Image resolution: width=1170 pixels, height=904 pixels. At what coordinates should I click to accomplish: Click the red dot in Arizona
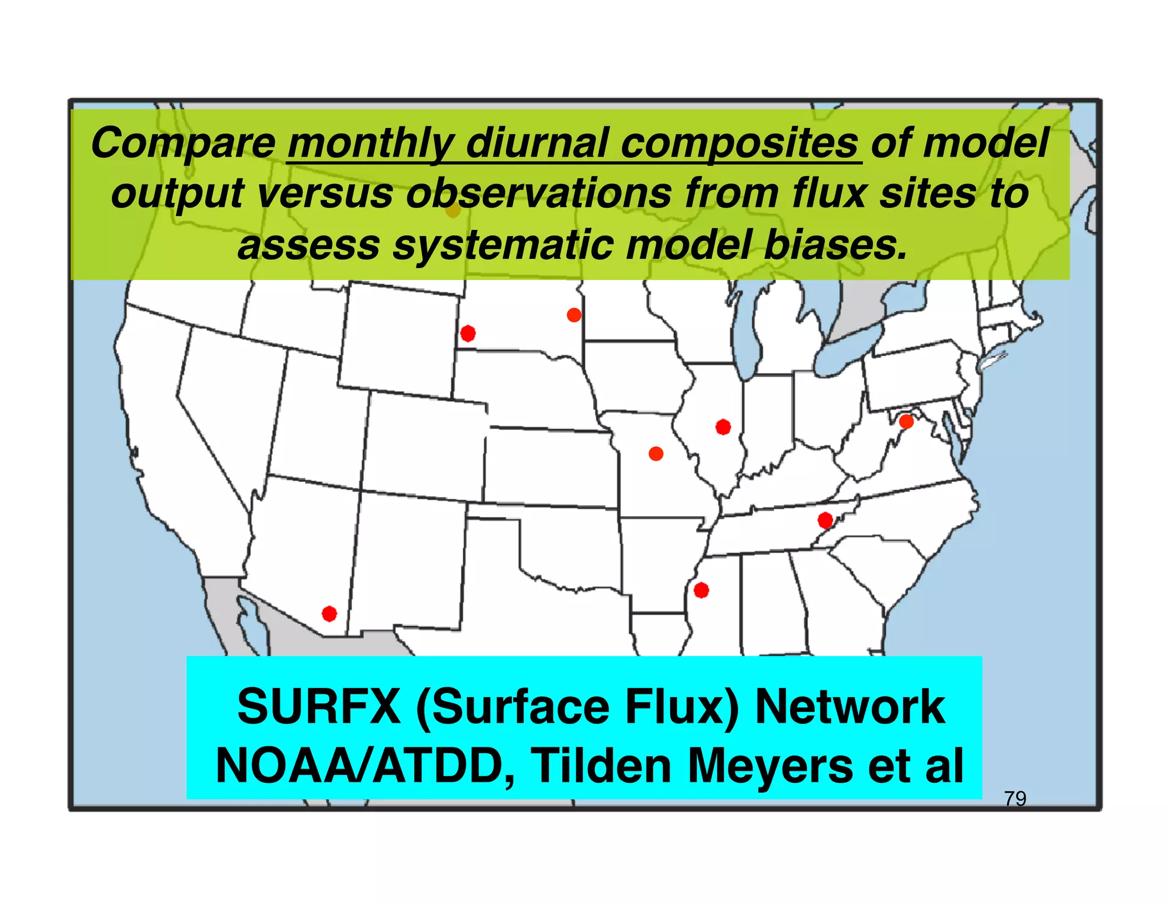(x=329, y=614)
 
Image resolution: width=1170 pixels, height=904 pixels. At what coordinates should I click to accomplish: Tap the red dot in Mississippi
(x=701, y=590)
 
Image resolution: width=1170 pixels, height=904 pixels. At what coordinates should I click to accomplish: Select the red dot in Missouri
(x=656, y=454)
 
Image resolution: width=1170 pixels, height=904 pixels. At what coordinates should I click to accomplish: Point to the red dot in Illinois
(x=723, y=427)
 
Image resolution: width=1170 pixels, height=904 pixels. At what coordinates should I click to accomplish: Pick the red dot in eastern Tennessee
(x=825, y=521)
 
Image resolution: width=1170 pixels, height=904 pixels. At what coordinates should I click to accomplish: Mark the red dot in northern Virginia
(x=906, y=422)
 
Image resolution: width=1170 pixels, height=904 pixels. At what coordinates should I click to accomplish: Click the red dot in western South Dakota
(x=468, y=334)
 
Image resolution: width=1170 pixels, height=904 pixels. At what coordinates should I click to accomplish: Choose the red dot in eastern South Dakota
(x=574, y=315)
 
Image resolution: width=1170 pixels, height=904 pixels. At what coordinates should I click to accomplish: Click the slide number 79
(x=1015, y=798)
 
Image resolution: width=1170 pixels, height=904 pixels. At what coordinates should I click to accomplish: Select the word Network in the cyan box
(x=850, y=707)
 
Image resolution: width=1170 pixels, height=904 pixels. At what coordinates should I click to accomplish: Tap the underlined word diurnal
(x=537, y=143)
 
